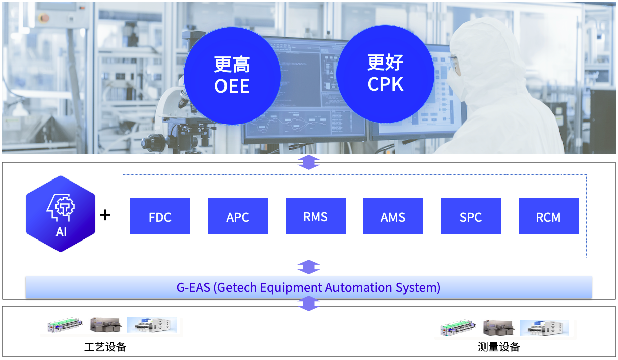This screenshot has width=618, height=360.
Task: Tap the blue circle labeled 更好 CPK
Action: pos(385,74)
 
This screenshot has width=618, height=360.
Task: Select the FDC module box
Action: pos(160,216)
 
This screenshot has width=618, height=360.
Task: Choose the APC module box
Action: pos(238,216)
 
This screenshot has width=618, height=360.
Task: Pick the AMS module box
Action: pos(393,216)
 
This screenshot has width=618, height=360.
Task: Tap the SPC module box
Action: pos(471,216)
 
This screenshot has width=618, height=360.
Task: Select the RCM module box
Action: pos(548,216)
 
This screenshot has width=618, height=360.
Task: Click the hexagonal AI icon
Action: pos(61,214)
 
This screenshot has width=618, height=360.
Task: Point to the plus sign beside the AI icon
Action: pos(105,215)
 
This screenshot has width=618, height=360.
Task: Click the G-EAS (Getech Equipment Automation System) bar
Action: pos(308,288)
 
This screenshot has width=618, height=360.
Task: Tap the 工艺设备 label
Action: pos(105,347)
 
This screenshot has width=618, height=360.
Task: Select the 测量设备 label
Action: pos(498,347)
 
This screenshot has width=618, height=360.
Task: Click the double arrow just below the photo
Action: pos(308,162)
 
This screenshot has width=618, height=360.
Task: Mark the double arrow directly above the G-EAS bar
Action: pos(308,267)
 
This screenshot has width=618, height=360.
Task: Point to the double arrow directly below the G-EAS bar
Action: pos(308,303)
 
